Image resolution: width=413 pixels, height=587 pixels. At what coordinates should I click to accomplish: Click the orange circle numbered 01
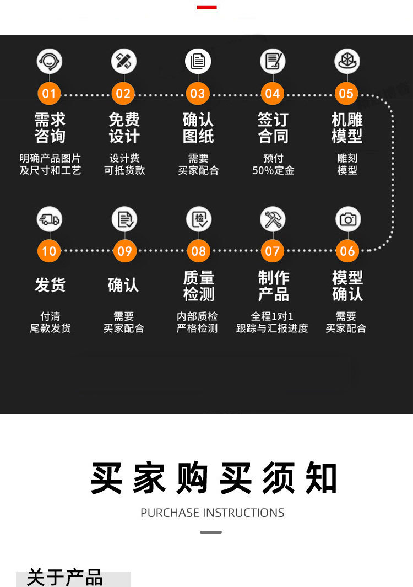(x=50, y=94)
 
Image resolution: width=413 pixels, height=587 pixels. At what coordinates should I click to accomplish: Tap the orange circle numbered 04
(x=273, y=94)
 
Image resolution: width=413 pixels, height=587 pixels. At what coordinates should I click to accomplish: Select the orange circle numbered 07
(x=273, y=251)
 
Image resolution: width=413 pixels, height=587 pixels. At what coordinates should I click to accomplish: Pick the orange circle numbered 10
(x=50, y=251)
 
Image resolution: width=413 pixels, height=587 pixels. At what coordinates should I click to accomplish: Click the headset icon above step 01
(x=50, y=61)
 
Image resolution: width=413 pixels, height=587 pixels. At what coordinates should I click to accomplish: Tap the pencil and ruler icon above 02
(x=123, y=61)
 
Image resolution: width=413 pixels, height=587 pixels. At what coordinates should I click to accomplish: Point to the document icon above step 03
(x=198, y=61)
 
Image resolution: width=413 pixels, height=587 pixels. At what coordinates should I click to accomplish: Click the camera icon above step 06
(x=347, y=219)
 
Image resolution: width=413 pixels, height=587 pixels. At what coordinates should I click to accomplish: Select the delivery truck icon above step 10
(x=50, y=219)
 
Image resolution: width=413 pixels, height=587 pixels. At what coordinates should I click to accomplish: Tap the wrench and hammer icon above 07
(x=273, y=219)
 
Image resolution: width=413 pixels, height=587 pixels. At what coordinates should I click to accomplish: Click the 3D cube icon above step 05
(x=347, y=61)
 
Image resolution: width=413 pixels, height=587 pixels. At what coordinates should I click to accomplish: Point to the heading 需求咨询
(x=50, y=128)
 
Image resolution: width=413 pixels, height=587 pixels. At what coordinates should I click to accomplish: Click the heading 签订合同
(x=273, y=128)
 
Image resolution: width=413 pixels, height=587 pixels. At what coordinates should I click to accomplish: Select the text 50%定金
(x=273, y=171)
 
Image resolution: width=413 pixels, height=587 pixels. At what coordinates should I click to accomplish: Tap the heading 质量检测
(x=198, y=286)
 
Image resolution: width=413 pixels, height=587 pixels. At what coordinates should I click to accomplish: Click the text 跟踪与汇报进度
(x=272, y=328)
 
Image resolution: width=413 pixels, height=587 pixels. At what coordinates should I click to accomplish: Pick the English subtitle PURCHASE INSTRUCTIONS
(x=212, y=513)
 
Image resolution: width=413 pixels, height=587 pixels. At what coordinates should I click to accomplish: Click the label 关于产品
(x=65, y=578)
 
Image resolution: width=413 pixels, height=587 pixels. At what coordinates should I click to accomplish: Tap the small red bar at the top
(x=206, y=7)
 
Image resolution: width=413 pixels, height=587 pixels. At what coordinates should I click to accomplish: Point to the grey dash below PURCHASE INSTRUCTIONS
(x=210, y=532)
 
